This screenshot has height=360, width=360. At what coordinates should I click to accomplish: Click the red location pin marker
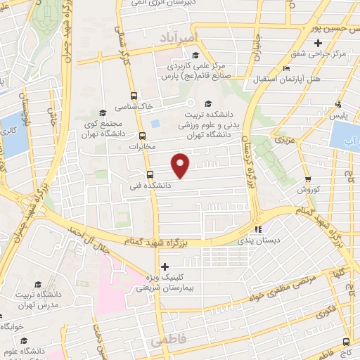181,165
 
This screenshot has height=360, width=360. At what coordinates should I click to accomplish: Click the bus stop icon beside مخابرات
143,136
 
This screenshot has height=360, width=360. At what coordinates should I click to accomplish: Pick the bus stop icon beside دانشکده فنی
149,175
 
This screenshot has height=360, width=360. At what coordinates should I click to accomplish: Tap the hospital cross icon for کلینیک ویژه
165,266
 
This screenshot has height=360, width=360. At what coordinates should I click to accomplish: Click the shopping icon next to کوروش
308,179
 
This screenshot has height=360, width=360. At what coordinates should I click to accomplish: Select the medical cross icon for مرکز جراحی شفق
319,44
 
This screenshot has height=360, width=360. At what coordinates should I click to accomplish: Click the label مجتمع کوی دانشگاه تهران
103,128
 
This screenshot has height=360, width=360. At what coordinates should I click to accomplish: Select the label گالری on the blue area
11,131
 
